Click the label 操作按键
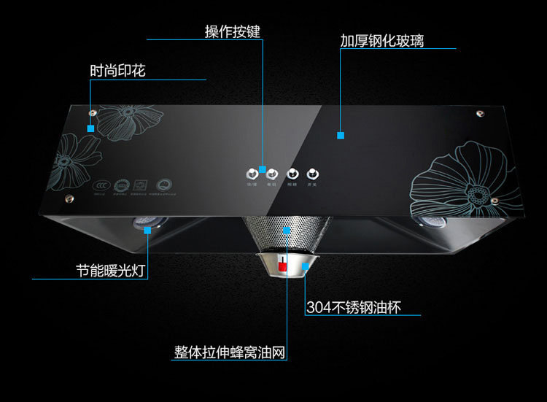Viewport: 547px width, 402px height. click(232, 32)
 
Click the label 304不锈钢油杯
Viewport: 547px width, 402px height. click(354, 308)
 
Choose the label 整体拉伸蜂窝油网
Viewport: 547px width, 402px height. click(229, 352)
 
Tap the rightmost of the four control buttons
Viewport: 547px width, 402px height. click(313, 174)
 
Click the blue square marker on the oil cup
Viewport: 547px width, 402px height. click(307, 267)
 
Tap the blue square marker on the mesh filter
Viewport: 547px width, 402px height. click(286, 230)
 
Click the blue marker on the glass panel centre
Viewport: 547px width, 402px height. click(340, 135)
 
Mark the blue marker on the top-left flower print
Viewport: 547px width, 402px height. click(90, 128)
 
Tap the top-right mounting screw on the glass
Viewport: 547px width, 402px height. click(479, 114)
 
